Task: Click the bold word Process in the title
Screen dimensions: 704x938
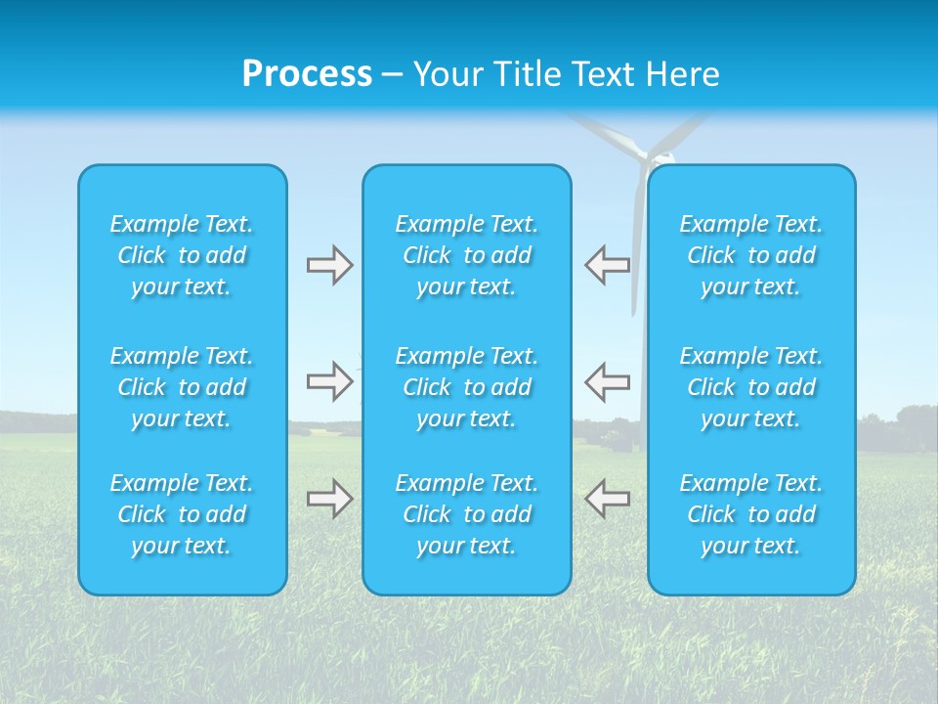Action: (307, 74)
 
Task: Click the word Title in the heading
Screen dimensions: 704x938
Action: (529, 74)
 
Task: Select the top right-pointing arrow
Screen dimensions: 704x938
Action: (329, 265)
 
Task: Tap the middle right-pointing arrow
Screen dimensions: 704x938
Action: (329, 381)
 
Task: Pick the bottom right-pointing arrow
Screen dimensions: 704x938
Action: (329, 499)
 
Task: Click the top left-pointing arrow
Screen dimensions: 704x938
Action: (607, 265)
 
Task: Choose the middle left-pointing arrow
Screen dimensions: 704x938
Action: (607, 381)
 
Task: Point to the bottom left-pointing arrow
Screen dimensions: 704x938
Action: (607, 499)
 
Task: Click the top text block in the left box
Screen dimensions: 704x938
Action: (182, 255)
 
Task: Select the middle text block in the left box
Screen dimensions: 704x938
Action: (182, 387)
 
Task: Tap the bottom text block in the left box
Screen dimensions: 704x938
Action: (182, 514)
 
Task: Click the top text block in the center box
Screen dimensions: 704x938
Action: (466, 255)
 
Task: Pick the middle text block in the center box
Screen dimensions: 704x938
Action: (466, 387)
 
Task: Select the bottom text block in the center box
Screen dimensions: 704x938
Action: (466, 514)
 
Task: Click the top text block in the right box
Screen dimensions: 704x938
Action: (750, 255)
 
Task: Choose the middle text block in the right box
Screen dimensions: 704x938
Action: (750, 387)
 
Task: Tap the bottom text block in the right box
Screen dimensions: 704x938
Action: (750, 514)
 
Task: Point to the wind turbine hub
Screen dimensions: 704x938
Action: (646, 154)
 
